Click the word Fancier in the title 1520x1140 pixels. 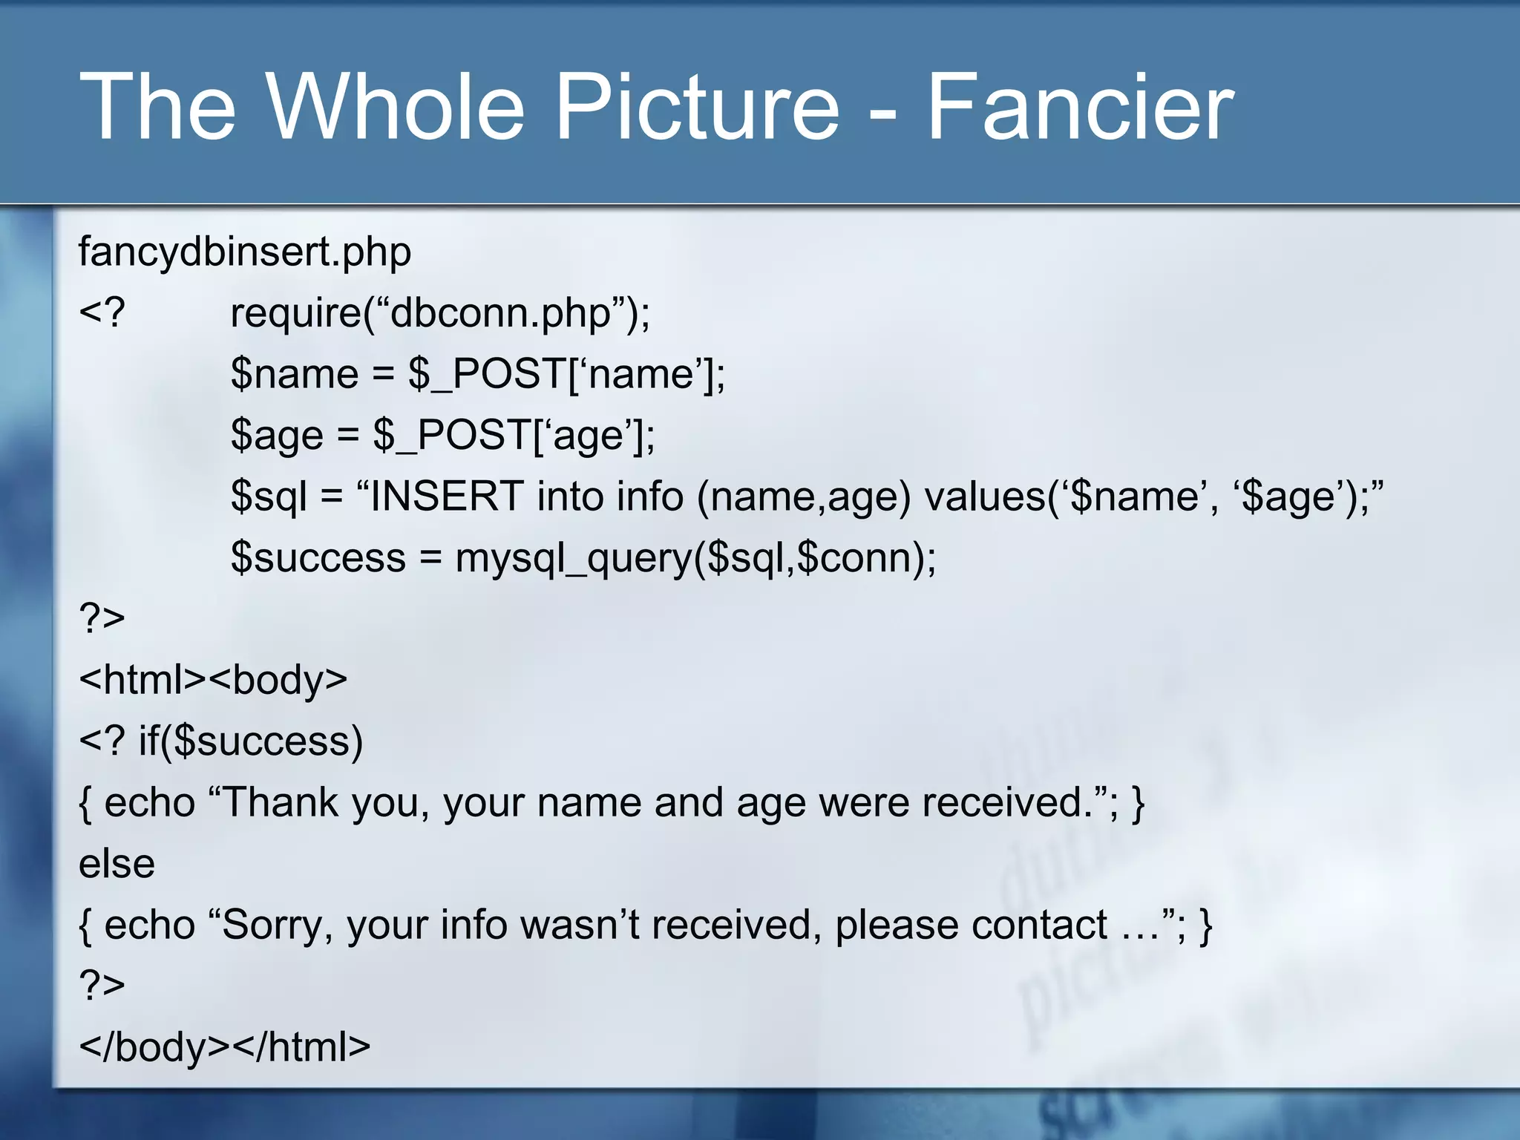point(1080,108)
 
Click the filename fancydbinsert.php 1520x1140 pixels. point(245,252)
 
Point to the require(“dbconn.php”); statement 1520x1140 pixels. point(439,313)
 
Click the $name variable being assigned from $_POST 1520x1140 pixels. point(295,374)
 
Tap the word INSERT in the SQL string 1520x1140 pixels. point(447,496)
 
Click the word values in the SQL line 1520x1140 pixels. point(985,496)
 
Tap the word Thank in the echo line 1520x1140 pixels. point(280,802)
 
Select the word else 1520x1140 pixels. point(117,864)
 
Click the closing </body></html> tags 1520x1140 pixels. point(224,1047)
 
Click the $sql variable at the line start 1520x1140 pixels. point(269,496)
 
